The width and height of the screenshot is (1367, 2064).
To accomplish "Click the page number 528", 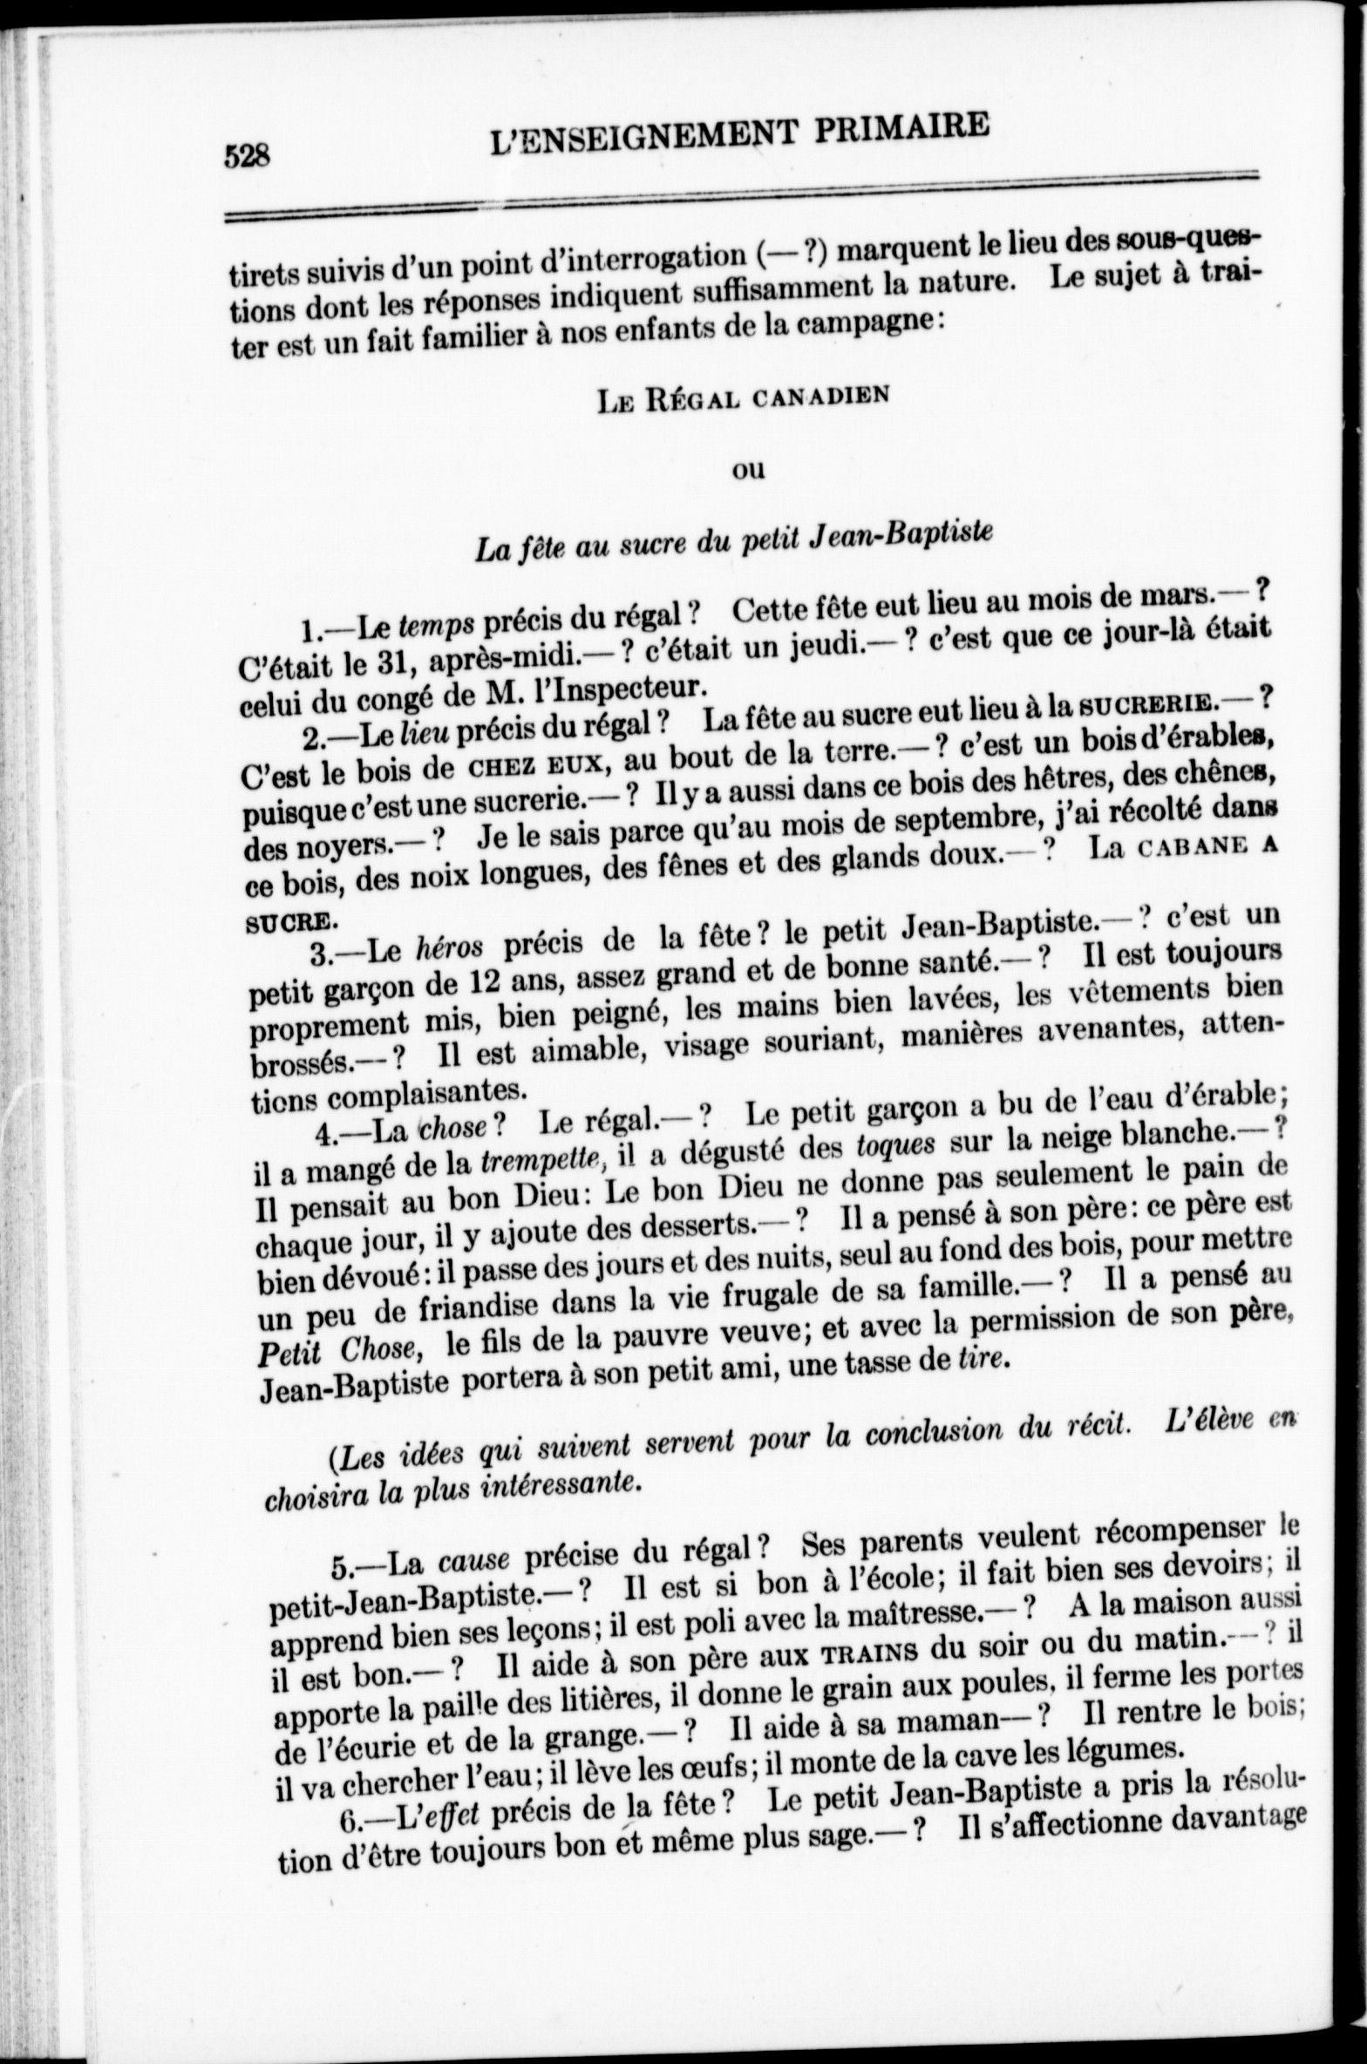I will [248, 157].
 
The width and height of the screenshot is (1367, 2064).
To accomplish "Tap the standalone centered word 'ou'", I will [746, 471].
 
